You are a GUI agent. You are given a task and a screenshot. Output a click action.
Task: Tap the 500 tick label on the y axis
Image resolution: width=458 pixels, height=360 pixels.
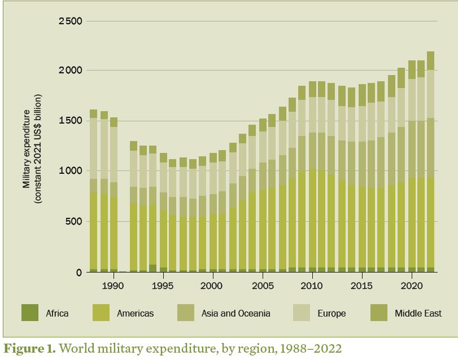74,221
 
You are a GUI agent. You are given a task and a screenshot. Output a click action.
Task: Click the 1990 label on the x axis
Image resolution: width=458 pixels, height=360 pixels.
114,286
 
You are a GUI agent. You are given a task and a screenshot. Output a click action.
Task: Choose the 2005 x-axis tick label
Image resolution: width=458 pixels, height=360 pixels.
263,286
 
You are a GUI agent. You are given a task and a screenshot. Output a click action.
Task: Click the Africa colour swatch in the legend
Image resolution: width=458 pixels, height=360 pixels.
30,313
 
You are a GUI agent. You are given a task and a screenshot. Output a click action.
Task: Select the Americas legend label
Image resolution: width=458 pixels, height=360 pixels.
135,313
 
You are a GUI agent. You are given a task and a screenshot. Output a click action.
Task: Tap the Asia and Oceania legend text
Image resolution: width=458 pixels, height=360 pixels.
235,313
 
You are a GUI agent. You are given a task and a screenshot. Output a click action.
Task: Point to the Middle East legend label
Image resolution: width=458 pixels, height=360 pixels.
418,313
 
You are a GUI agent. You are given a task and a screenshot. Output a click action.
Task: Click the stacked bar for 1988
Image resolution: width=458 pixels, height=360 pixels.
94,192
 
